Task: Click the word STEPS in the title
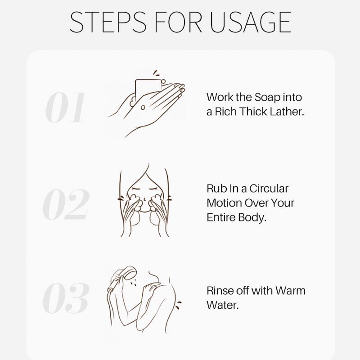point(108,22)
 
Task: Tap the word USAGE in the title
point(251,22)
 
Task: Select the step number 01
point(65,107)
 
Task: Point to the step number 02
point(66,204)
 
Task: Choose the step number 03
point(66,298)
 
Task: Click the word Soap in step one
point(267,98)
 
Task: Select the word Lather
point(287,112)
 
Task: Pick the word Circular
point(269,189)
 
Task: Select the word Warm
point(290,291)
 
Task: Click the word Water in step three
point(222,305)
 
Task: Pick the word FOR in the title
point(178,22)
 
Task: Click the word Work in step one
point(220,97)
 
